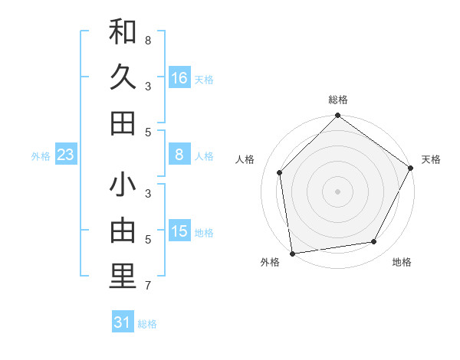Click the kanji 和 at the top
(x=123, y=32)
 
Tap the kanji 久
(x=123, y=78)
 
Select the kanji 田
(x=123, y=123)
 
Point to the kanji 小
(x=123, y=186)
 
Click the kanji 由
(x=123, y=232)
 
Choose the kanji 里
(x=123, y=277)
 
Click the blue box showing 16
(x=179, y=78)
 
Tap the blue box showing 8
(x=179, y=155)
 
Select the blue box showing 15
(x=179, y=231)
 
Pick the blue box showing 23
(x=66, y=155)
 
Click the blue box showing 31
(x=123, y=322)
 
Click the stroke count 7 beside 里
(x=147, y=286)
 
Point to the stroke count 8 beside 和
(x=147, y=39)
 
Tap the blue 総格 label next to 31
(x=148, y=324)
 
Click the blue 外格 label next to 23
(x=41, y=156)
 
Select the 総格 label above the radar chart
(x=338, y=100)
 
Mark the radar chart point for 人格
(x=280, y=172)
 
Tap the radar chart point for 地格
(x=374, y=242)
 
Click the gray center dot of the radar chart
(x=338, y=191)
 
